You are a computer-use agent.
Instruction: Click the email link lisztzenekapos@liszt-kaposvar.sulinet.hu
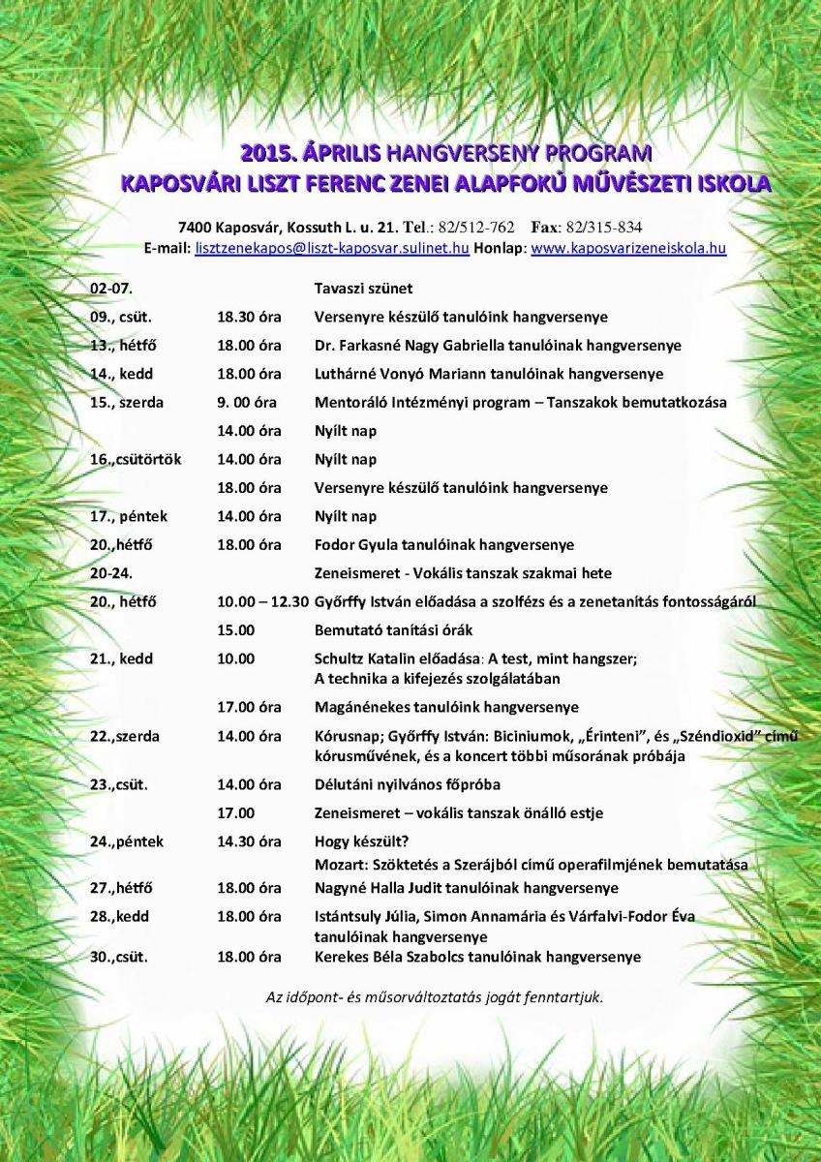pyautogui.click(x=332, y=248)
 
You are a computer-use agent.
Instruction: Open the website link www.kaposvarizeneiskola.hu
pyautogui.click(x=628, y=248)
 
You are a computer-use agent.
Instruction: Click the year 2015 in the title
pyautogui.click(x=267, y=153)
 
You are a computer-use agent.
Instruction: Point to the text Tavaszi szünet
pyautogui.click(x=363, y=289)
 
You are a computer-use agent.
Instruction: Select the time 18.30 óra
pyautogui.click(x=249, y=317)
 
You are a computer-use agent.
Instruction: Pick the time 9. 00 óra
pyautogui.click(x=249, y=402)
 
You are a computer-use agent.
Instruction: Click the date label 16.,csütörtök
pyautogui.click(x=136, y=459)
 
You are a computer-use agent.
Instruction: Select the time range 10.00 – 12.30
pyautogui.click(x=262, y=601)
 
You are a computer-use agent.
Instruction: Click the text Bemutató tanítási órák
pyautogui.click(x=393, y=630)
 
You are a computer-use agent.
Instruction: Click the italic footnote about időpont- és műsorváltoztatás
pyautogui.click(x=434, y=995)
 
